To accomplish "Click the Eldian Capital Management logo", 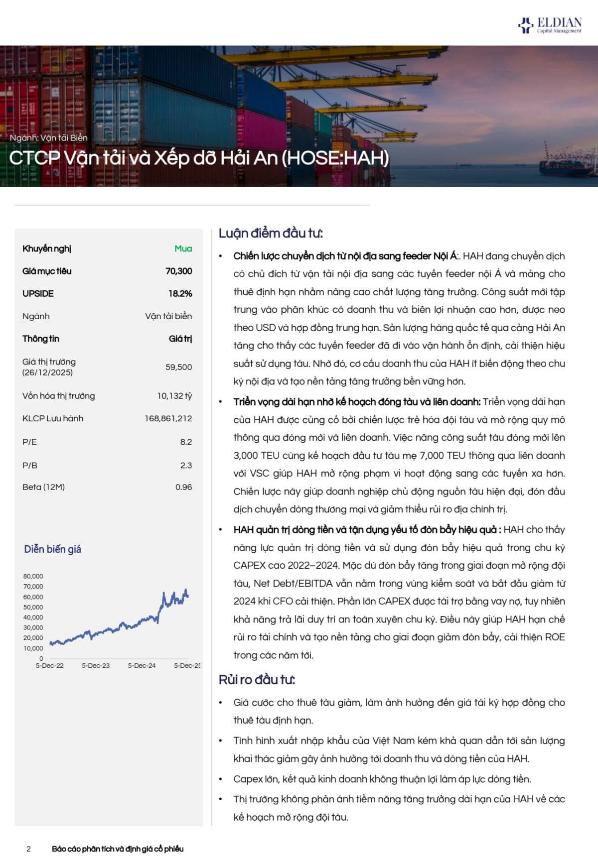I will click(x=550, y=25).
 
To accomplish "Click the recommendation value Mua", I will click(x=183, y=248).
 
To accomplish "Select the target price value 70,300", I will click(x=178, y=271).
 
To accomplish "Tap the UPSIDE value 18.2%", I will click(x=180, y=293).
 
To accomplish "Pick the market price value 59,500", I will click(x=178, y=367).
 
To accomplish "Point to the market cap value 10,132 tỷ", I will click(x=174, y=396).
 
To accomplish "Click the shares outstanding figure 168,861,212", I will click(x=168, y=418).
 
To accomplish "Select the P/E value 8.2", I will click(x=186, y=442).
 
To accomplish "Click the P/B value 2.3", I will click(x=186, y=465).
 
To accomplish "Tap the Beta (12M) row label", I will click(x=43, y=487).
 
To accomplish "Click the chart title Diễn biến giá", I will click(x=52, y=549).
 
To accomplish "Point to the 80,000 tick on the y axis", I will click(x=33, y=576).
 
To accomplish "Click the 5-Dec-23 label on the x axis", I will click(x=96, y=665).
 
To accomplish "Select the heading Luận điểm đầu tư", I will click(x=271, y=233).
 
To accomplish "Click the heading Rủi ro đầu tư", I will click(x=257, y=680).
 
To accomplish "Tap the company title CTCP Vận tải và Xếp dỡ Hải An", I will click(x=199, y=158).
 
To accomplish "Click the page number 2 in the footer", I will click(x=28, y=849).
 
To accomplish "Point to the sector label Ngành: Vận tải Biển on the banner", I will click(x=49, y=137).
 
